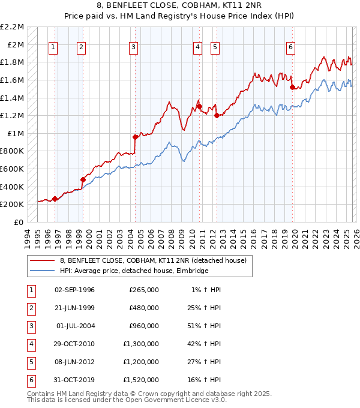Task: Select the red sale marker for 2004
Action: (135, 137)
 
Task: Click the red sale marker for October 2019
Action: (293, 87)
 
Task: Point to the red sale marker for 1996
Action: (55, 199)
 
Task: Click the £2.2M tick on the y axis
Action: (12, 27)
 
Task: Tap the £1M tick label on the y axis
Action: (14, 133)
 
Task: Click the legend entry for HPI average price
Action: (133, 271)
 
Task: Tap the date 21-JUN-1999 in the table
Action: (74, 308)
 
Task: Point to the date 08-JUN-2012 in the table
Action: (74, 362)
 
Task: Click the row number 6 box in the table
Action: (29, 380)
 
